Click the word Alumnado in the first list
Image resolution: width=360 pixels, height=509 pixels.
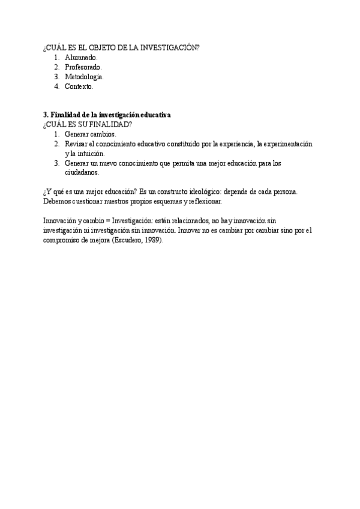(x=80, y=58)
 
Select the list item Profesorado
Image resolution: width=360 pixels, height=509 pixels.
(x=83, y=67)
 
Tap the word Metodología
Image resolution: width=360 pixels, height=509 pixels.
(x=84, y=77)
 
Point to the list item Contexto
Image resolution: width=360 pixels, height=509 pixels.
(x=79, y=86)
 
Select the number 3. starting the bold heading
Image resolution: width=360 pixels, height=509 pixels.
(x=46, y=114)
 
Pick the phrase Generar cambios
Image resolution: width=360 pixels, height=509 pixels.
(x=90, y=134)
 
